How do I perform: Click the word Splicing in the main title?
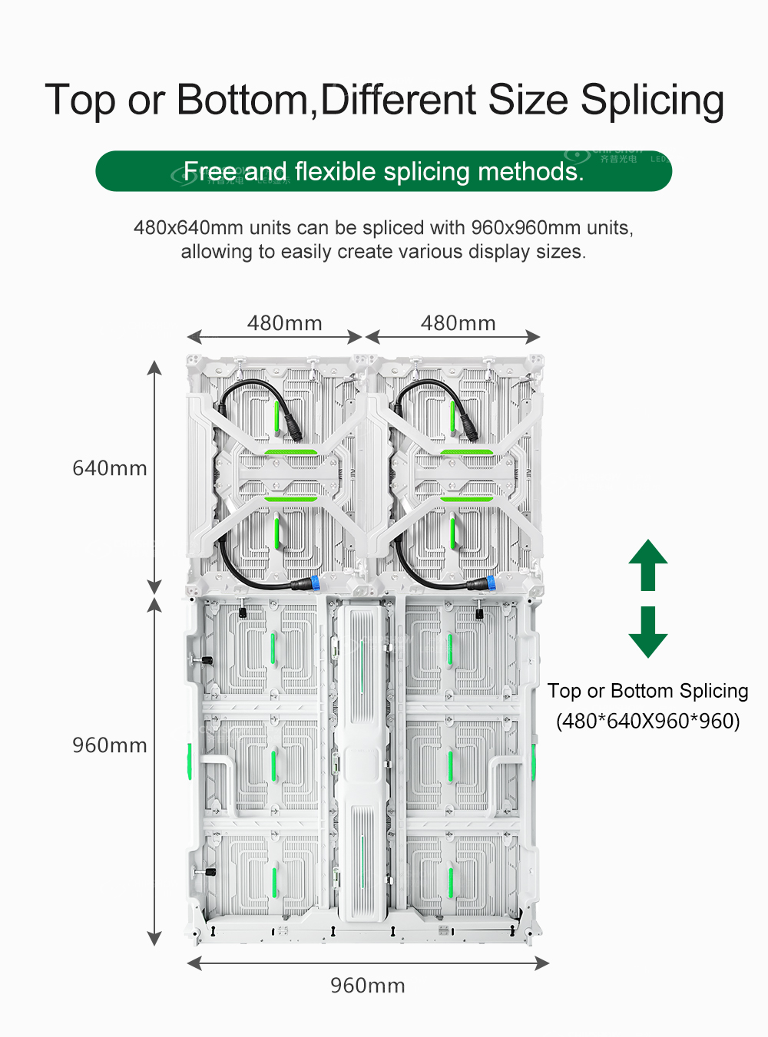[651, 101]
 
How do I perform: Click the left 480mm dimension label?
[284, 323]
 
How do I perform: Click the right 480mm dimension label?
[458, 323]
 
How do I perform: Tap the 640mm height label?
[109, 468]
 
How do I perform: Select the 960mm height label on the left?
[109, 745]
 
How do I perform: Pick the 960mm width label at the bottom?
[367, 986]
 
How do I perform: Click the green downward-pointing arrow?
[647, 632]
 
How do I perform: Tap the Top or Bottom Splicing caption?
[647, 691]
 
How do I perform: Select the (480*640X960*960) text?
[647, 722]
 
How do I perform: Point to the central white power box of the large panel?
[362, 760]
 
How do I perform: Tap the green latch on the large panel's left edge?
[190, 761]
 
